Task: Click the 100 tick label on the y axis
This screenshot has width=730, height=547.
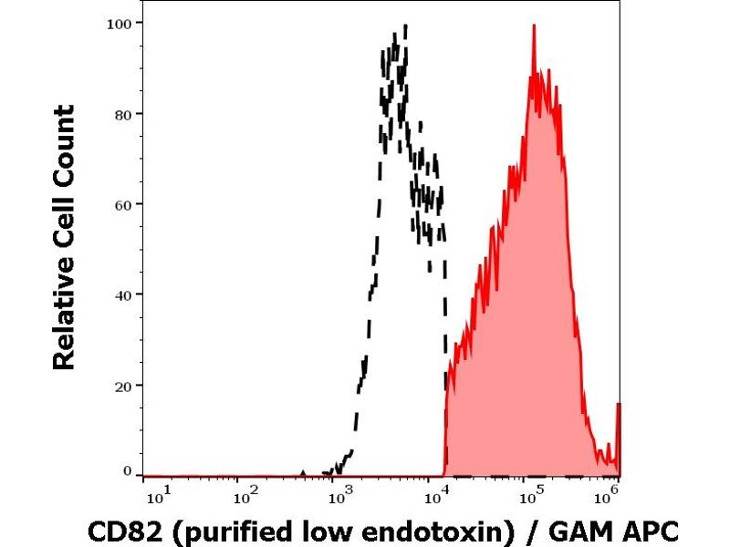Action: coord(122,23)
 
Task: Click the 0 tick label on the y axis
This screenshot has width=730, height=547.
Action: coord(129,471)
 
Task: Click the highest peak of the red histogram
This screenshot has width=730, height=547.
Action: coord(534,26)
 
